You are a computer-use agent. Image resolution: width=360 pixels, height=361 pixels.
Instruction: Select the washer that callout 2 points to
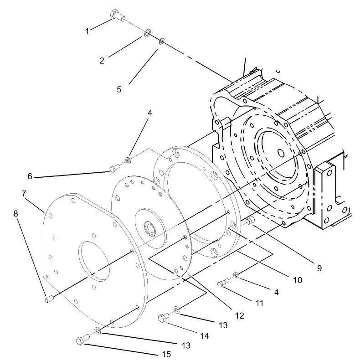147,33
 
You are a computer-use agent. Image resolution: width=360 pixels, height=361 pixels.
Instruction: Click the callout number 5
119,89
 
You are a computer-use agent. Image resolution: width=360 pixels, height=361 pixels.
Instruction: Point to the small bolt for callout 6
114,170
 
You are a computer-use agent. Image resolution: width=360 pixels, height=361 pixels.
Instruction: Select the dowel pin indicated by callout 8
49,299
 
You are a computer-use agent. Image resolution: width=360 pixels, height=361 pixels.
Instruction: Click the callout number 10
297,280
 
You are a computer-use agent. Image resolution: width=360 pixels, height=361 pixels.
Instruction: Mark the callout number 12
239,315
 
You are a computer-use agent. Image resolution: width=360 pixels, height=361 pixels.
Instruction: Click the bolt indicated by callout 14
164,317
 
